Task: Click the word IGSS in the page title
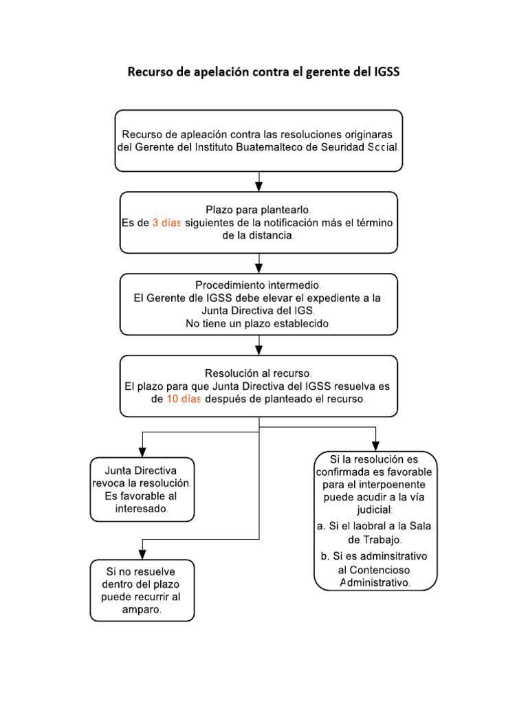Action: coord(384,72)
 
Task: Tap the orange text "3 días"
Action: coord(166,223)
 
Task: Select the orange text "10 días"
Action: coord(183,399)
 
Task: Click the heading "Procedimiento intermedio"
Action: coord(258,285)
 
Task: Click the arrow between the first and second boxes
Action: coord(259,183)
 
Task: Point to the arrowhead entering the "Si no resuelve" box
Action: coord(142,553)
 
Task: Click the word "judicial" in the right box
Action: coord(374,510)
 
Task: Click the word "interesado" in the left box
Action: coord(142,509)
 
